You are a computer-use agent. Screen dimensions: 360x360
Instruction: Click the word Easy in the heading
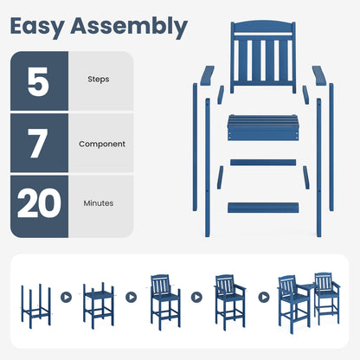coord(43,27)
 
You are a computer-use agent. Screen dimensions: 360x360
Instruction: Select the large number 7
coord(39,144)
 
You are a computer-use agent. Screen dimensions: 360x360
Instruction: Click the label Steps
coord(99,80)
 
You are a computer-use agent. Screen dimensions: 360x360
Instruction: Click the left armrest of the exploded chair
coord(204,78)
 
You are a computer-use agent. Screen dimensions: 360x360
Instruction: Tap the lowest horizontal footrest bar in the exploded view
coord(261,208)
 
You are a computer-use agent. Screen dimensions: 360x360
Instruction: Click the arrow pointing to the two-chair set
coord(262,296)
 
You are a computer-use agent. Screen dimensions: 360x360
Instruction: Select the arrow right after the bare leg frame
coord(67,296)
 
